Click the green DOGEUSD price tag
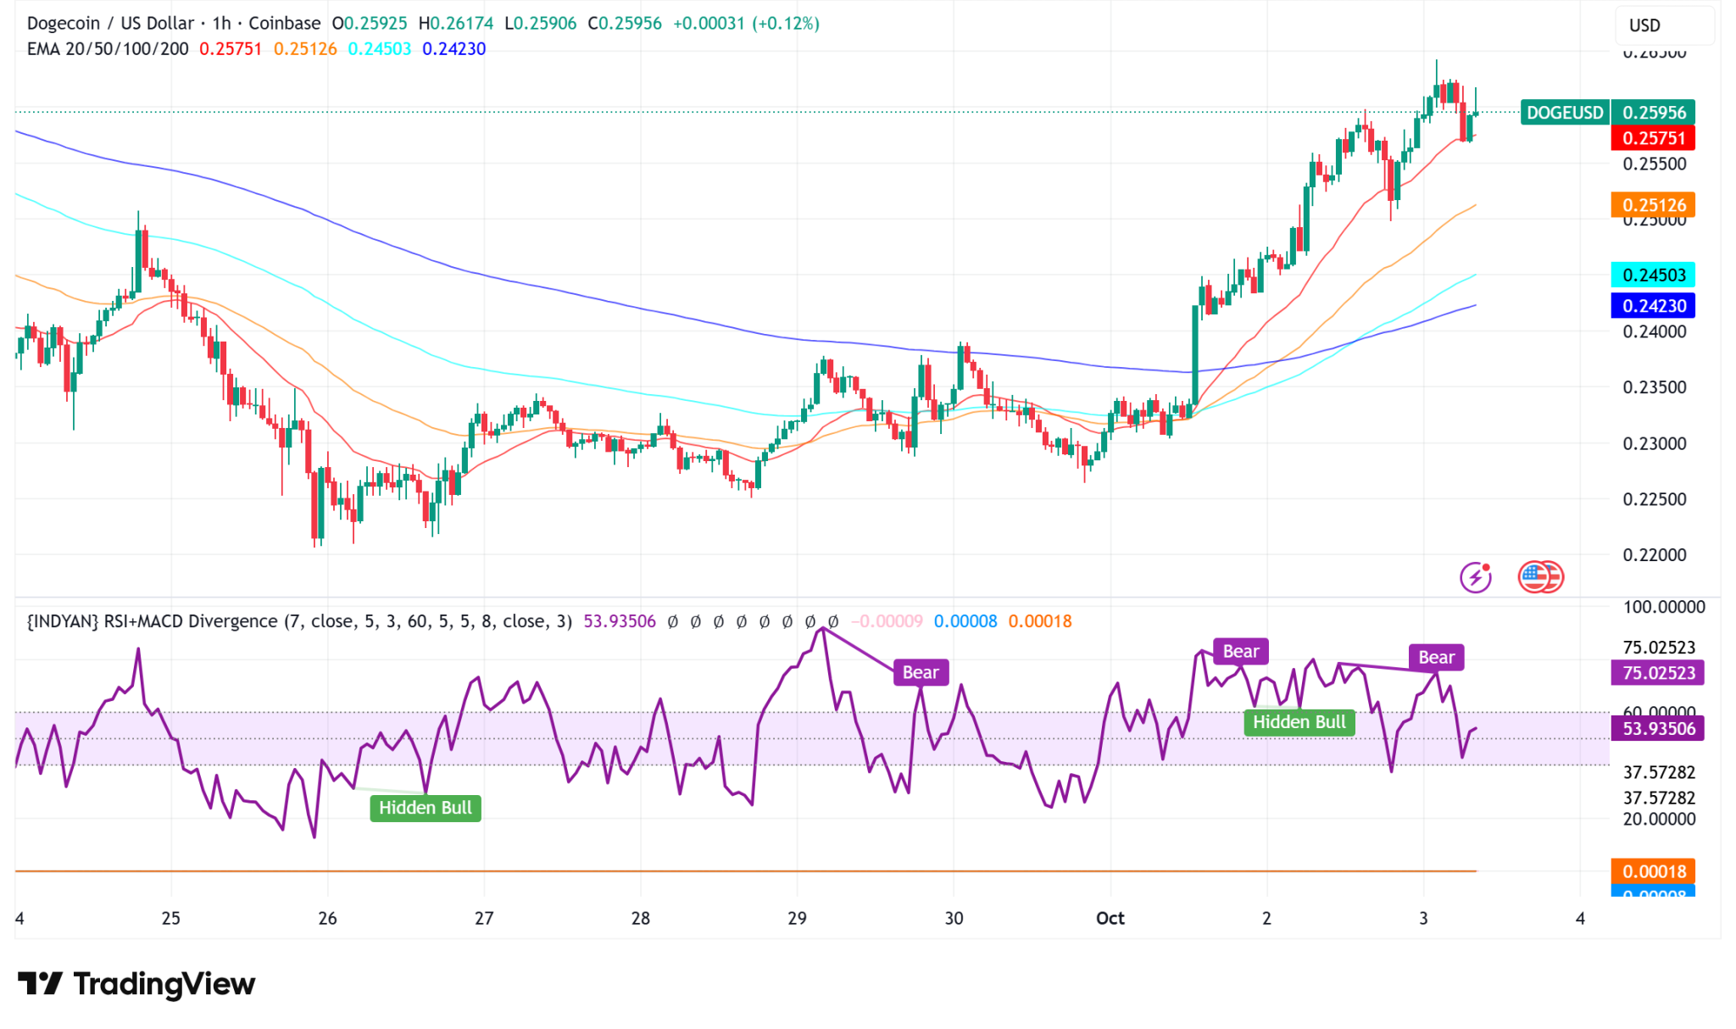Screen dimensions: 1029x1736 pos(1564,113)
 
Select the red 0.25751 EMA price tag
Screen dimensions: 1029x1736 pos(1653,138)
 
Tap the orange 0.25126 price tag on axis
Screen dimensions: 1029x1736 pos(1653,205)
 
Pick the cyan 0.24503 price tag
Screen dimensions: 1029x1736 pos(1653,275)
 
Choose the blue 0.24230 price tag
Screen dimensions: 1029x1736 pos(1653,305)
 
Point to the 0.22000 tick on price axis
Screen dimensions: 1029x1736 pos(1654,555)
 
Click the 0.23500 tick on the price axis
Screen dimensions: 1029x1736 pos(1654,387)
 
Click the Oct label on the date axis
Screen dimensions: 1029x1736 pos(1110,918)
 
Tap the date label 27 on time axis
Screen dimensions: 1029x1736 pos(483,918)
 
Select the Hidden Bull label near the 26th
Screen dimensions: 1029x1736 pos(425,808)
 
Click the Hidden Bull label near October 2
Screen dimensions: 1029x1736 pos(1299,722)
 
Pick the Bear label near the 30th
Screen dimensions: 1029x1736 pos(920,673)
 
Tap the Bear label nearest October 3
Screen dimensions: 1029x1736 pos(1436,658)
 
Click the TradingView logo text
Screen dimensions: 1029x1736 pos(137,984)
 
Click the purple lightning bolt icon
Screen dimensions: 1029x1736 pos(1476,577)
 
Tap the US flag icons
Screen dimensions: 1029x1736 pos(1540,577)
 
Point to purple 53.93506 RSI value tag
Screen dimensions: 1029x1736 pos(1658,729)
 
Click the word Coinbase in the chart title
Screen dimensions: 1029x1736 pos(284,24)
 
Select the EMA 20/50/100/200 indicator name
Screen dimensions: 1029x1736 pos(108,49)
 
